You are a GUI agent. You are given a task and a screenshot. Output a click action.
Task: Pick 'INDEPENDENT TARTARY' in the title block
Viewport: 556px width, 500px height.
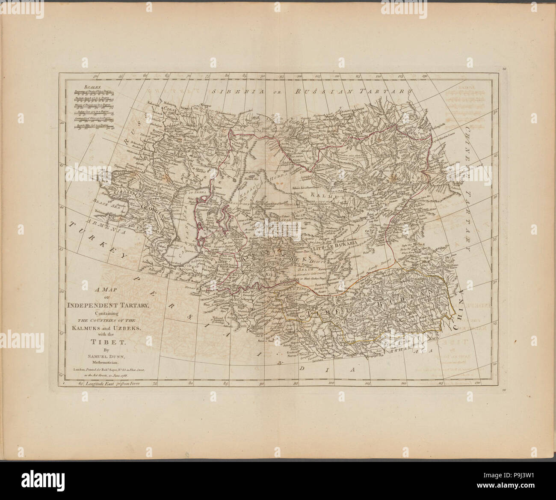click(x=108, y=305)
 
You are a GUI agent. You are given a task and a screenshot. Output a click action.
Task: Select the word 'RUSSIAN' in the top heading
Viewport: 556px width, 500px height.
click(x=326, y=91)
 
